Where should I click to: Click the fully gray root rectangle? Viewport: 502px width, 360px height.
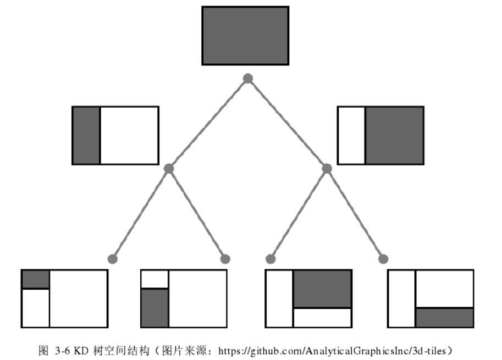click(245, 35)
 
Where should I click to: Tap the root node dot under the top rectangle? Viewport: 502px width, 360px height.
click(248, 79)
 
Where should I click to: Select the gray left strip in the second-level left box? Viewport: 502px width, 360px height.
click(86, 135)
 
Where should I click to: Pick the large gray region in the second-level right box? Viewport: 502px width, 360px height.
click(394, 135)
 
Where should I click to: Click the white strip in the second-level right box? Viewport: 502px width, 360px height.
click(352, 135)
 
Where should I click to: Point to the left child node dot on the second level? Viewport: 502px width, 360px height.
click(169, 168)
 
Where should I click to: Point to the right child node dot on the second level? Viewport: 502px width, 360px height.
click(327, 168)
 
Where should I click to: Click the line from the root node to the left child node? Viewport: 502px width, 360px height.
click(208, 124)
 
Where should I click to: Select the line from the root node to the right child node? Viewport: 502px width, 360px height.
click(287, 124)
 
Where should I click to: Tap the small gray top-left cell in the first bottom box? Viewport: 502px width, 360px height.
click(36, 279)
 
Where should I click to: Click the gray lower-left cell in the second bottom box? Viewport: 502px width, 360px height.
click(155, 308)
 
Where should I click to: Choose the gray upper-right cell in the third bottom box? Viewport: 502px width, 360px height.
click(322, 289)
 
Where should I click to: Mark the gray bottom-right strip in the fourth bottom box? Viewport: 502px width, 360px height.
click(444, 318)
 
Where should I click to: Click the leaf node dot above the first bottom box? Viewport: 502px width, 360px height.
click(113, 258)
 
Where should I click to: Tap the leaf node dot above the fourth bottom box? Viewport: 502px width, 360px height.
click(383, 258)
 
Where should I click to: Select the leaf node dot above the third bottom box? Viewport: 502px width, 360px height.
click(271, 258)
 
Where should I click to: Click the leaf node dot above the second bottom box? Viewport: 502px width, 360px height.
click(225, 258)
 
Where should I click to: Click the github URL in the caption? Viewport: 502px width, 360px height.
click(335, 350)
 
